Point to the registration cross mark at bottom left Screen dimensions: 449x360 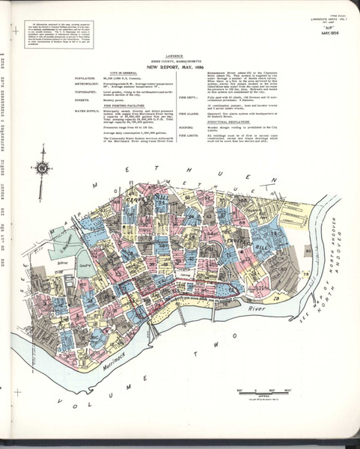[x=11, y=390]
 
